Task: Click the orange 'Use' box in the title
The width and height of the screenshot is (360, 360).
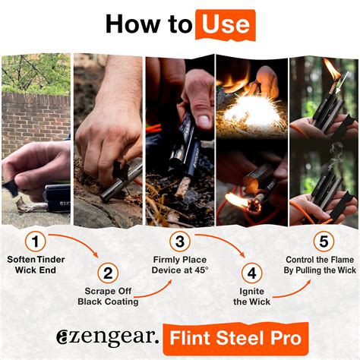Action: pos(225,24)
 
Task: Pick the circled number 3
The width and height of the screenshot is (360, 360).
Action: pos(179,242)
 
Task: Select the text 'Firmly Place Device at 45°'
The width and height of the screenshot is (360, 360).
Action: pos(179,266)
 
